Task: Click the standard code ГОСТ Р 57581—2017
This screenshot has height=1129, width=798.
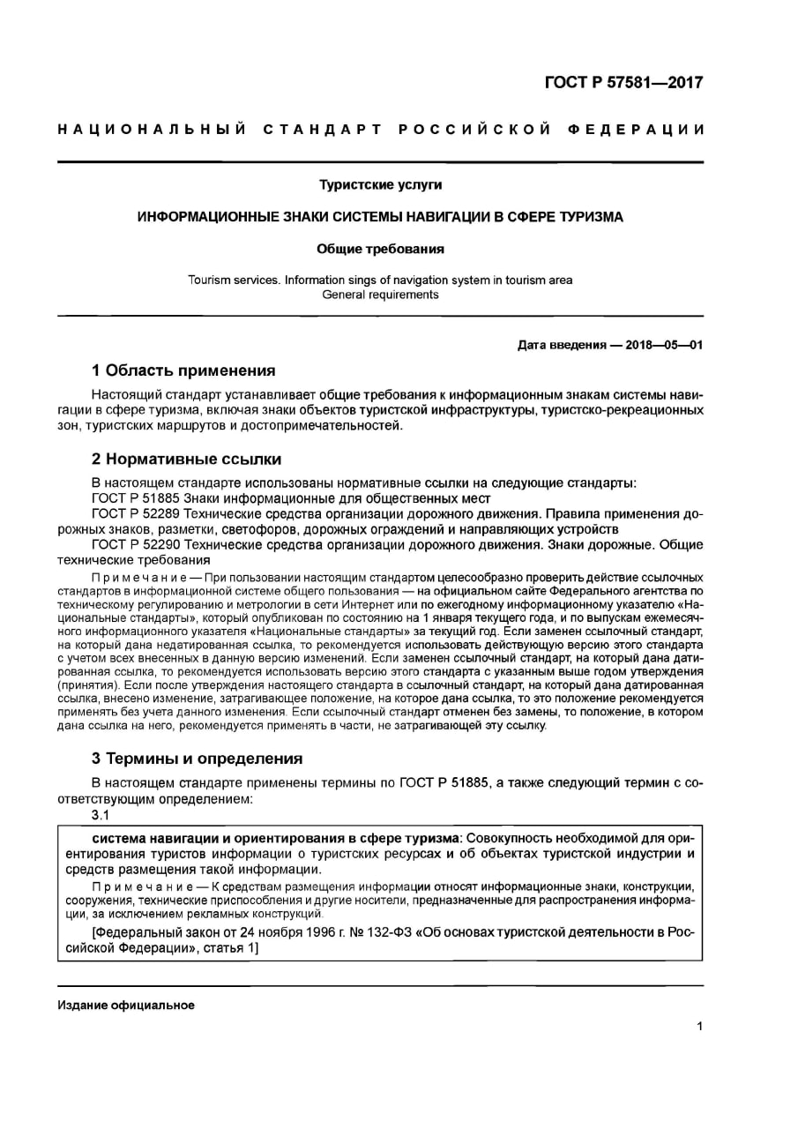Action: (623, 83)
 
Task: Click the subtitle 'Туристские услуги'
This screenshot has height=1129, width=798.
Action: (380, 185)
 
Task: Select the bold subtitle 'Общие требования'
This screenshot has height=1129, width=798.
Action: (380, 249)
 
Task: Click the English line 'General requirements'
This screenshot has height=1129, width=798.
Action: (380, 295)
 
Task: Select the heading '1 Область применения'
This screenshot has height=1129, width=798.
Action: (184, 370)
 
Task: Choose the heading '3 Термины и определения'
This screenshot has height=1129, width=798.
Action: (198, 759)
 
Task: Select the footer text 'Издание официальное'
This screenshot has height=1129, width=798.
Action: (126, 1006)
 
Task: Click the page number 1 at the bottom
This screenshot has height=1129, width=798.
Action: (698, 1026)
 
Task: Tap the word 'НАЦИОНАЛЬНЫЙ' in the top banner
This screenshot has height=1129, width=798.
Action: (150, 131)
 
